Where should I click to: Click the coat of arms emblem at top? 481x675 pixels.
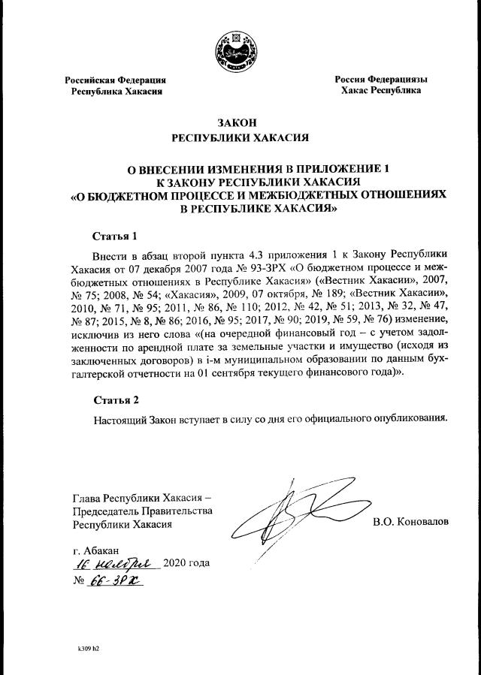[241, 50]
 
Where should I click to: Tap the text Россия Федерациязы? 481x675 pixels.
[380, 80]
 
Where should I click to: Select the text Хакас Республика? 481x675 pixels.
[380, 91]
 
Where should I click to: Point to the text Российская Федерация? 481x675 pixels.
[115, 80]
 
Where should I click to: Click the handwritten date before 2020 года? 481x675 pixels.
[112, 563]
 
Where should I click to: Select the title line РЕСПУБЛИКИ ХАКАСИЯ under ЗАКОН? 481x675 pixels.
[240, 137]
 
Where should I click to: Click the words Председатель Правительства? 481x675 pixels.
[141, 511]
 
